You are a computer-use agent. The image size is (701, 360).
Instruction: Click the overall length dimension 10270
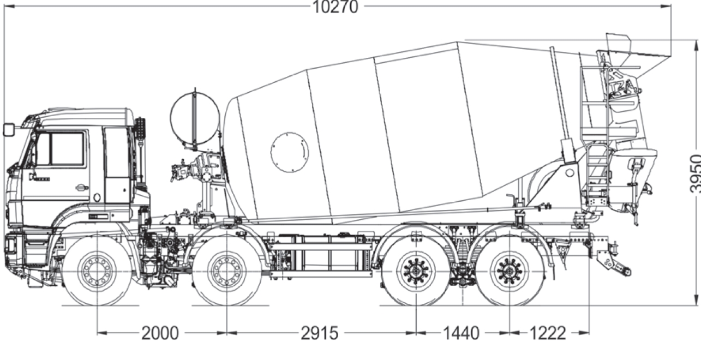tap(335, 7)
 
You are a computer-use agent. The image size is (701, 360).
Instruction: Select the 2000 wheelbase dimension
tap(160, 333)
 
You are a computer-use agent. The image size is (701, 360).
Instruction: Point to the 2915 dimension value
tap(320, 333)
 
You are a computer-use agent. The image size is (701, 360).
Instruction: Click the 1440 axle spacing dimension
tap(461, 333)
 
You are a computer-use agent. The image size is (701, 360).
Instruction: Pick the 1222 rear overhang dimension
tap(547, 333)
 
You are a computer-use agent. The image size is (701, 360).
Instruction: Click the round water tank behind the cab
tap(195, 118)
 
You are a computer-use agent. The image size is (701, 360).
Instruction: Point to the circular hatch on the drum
tap(289, 152)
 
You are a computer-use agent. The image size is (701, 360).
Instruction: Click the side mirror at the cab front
tap(8, 130)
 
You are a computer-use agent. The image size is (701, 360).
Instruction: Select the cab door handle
tap(82, 188)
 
